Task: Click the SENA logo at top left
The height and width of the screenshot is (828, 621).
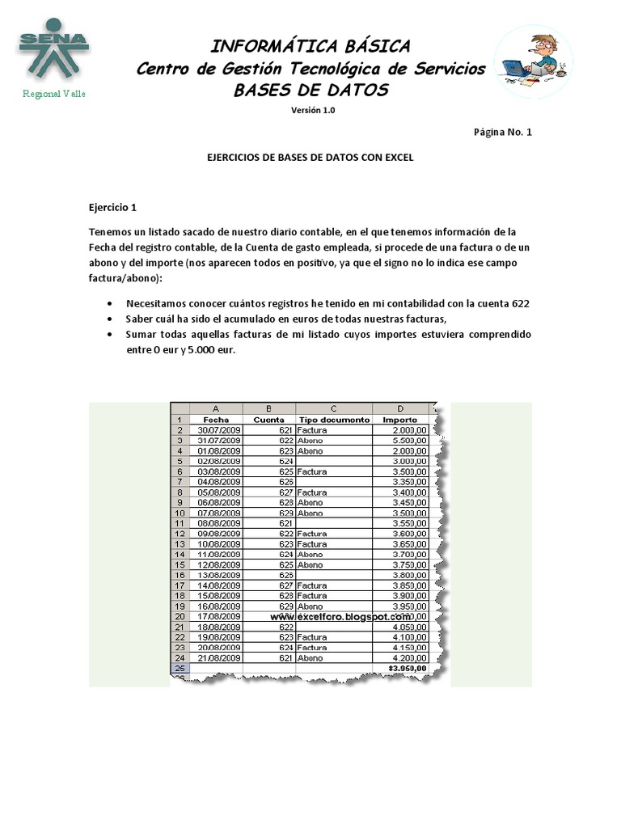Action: (x=53, y=51)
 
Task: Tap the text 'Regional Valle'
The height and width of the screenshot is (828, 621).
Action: (x=53, y=94)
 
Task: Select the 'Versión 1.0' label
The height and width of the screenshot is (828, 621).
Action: (x=312, y=111)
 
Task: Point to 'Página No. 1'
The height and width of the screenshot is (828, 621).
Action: (x=502, y=132)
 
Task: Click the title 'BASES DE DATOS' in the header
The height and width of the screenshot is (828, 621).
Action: (x=311, y=90)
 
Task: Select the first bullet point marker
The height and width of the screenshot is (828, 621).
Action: (x=109, y=303)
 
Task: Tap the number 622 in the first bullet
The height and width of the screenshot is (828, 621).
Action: (x=521, y=303)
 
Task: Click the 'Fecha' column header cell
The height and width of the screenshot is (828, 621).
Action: (x=216, y=420)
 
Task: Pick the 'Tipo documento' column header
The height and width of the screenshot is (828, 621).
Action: (x=334, y=420)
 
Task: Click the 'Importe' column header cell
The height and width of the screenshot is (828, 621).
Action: (x=399, y=420)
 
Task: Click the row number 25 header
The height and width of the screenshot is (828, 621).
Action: (x=179, y=669)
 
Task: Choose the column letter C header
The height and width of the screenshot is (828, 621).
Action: (x=334, y=409)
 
